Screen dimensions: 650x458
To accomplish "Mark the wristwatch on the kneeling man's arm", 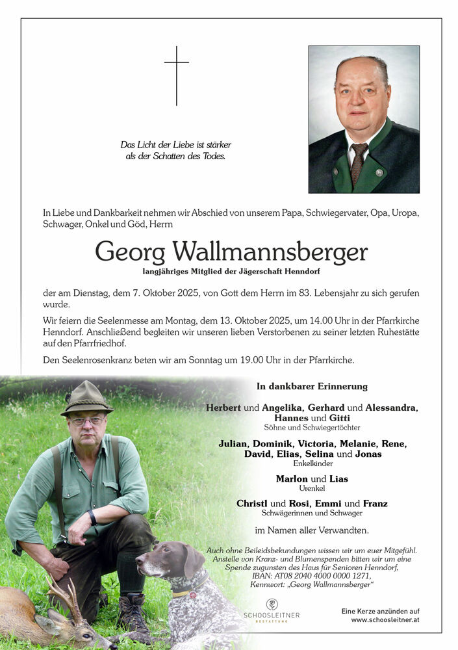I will click(x=92, y=517).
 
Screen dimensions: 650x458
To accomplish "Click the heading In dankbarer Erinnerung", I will click(x=312, y=386).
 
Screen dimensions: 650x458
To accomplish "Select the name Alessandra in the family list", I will click(x=390, y=408).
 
